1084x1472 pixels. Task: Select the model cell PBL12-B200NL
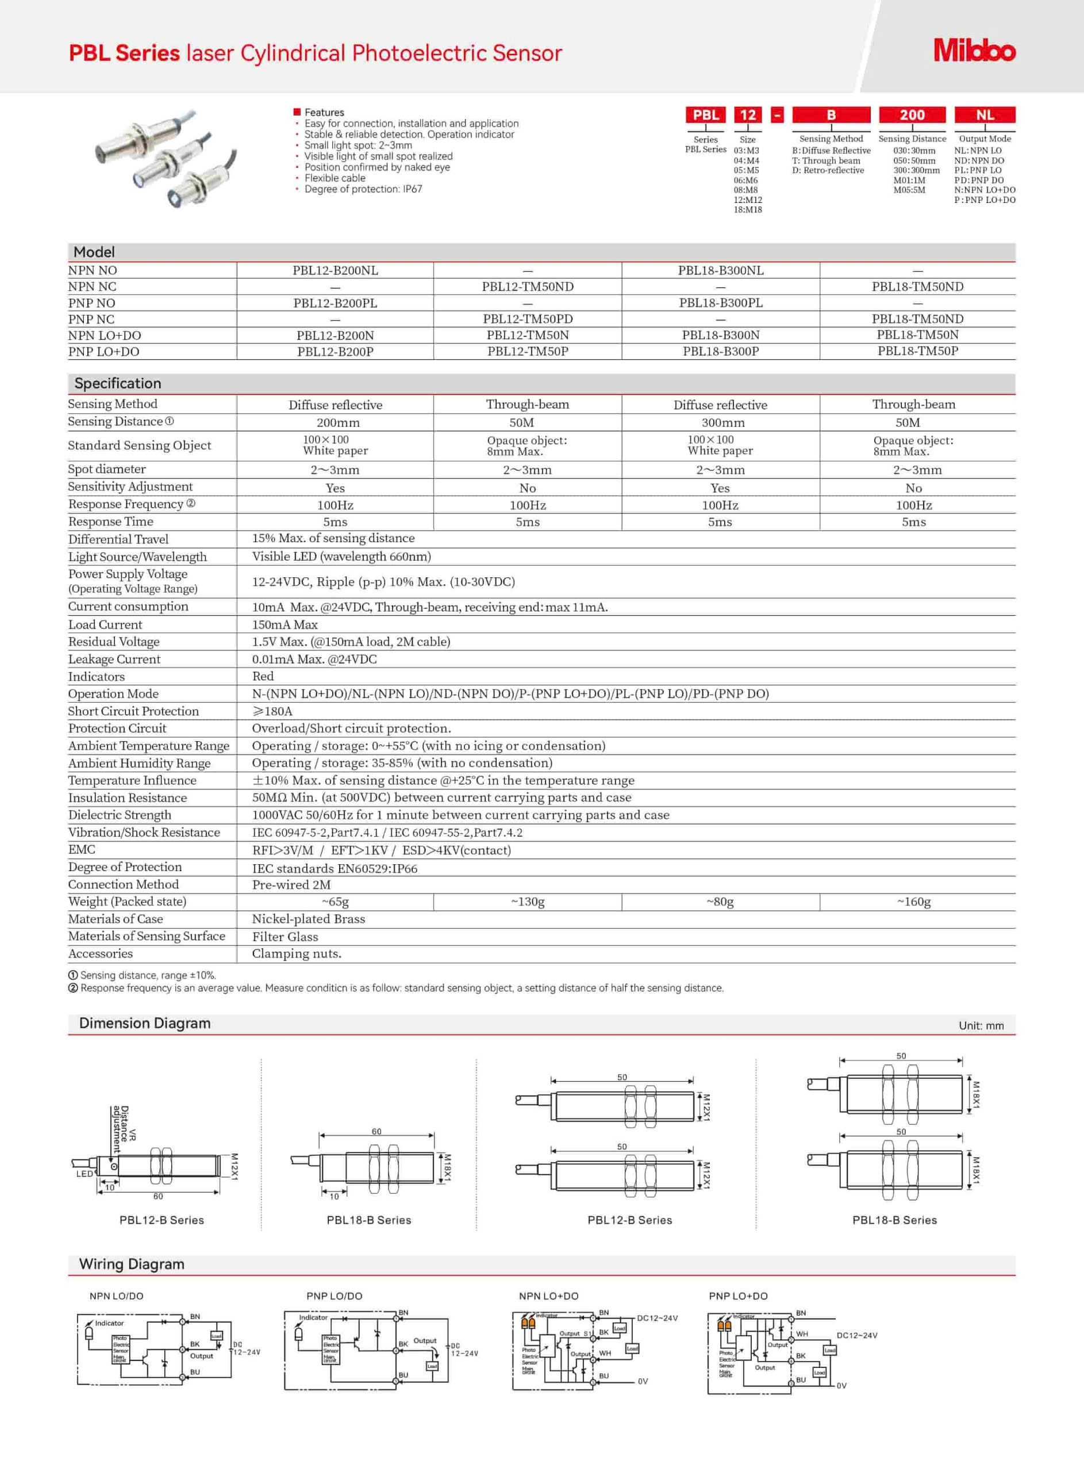(335, 270)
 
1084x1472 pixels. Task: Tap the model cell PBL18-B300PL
(721, 302)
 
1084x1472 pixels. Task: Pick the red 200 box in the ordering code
(912, 115)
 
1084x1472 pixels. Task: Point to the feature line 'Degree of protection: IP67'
(363, 189)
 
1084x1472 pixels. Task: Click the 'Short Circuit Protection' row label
(133, 711)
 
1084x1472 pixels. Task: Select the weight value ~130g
(528, 902)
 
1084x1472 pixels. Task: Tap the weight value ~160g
(913, 902)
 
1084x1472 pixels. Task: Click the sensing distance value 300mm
(722, 423)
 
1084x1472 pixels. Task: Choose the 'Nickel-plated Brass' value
(309, 919)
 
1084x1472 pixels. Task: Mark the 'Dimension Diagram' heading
(144, 1023)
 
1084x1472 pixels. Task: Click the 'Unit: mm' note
(981, 1026)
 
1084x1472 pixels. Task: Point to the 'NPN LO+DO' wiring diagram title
(548, 1296)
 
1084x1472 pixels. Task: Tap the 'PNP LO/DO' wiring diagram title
(334, 1296)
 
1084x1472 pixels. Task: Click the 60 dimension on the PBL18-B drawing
(376, 1132)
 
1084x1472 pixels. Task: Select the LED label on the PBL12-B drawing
(84, 1174)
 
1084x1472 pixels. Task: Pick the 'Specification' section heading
(117, 384)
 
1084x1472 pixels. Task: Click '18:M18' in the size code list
(747, 210)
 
